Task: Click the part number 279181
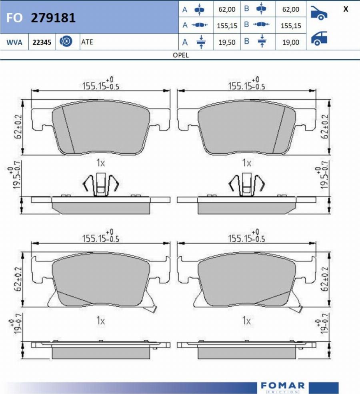pos(53,18)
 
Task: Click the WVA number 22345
pos(42,42)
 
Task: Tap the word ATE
pos(87,42)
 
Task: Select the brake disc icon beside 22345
pos(66,42)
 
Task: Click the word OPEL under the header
pos(181,55)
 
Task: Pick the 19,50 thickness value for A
pos(227,42)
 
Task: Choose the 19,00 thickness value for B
pos(291,42)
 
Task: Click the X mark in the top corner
pos(346,9)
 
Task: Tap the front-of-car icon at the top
pos(319,12)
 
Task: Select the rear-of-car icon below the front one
pos(319,38)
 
